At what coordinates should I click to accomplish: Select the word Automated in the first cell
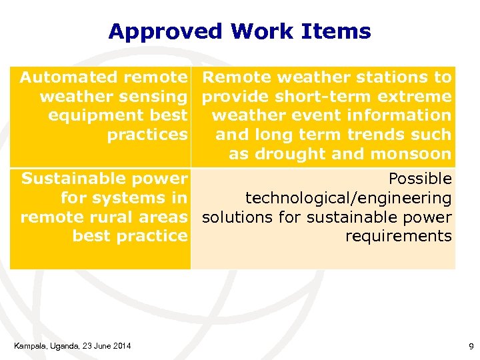point(61,77)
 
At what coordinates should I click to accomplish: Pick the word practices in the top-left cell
point(147,135)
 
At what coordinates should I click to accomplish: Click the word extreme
point(419,97)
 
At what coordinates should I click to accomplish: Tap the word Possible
point(419,179)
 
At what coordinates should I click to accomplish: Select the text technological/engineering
point(348,198)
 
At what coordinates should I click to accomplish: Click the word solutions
point(234,217)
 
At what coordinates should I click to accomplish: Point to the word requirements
point(398,236)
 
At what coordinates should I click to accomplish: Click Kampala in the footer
point(27,345)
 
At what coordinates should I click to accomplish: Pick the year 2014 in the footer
point(121,345)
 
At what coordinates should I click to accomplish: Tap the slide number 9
point(471,346)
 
